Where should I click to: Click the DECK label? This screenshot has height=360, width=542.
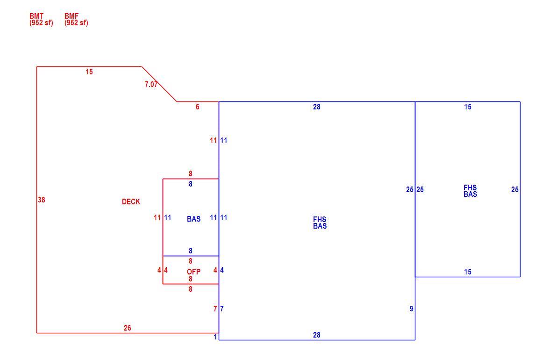131,202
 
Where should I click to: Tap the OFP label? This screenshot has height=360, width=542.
193,272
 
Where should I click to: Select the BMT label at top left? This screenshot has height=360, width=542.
36,16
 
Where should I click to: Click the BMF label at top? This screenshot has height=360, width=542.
71,16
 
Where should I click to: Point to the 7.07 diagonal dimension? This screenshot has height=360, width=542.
151,84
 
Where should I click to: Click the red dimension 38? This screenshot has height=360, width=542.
42,200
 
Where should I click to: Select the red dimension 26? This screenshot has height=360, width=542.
127,328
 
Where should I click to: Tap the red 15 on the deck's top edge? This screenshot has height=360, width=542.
89,72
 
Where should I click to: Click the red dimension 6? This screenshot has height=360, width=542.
197,107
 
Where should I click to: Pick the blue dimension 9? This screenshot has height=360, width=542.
411,309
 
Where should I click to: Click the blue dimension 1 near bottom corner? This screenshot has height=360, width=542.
215,337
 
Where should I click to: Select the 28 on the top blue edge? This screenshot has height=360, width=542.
317,107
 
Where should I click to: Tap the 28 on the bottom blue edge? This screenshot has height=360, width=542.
317,335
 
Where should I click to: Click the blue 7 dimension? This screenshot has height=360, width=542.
222,309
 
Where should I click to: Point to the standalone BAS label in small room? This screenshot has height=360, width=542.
193,219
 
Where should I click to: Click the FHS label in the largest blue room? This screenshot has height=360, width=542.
320,219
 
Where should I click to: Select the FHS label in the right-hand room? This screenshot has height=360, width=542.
470,187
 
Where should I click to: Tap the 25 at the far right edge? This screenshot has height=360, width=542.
515,189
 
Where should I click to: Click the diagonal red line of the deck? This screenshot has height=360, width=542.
159,84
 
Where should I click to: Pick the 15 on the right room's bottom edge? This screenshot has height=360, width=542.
468,272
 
